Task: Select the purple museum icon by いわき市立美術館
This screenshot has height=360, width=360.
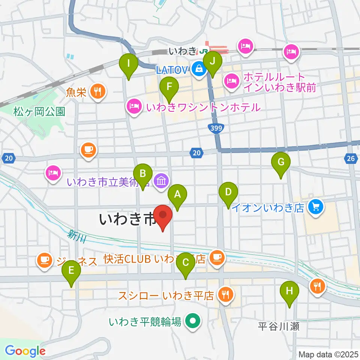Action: click(162, 181)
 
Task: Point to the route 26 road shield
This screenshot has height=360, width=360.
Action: click(350, 159)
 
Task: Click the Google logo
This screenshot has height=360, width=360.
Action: click(25, 351)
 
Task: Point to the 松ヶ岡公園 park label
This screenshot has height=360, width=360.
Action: click(39, 111)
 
